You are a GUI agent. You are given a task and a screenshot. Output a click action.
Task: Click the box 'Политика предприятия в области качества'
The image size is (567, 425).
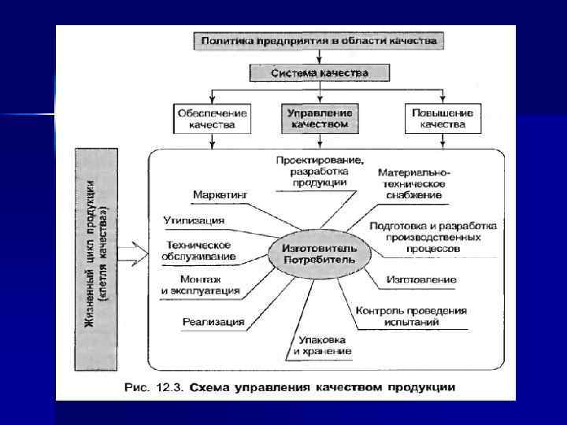coord(319,39)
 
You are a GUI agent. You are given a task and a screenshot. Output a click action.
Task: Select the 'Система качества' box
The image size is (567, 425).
coord(319,73)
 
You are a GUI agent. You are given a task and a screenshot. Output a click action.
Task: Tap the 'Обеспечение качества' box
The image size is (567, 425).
coord(212,118)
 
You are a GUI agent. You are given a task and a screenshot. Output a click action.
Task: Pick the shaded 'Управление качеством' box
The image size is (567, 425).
coord(319,118)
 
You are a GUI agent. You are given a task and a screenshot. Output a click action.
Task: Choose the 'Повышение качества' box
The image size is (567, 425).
coord(442,118)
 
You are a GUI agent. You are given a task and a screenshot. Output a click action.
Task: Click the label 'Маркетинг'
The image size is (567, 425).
coord(220,194)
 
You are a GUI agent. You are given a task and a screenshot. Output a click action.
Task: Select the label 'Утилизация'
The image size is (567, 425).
coord(194,220)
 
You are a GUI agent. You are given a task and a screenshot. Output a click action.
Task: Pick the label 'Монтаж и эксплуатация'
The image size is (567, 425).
coord(200,286)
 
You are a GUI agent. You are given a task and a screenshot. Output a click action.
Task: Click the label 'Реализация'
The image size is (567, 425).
coord(213,321)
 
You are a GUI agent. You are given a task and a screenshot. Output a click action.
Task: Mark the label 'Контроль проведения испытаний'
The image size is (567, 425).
coord(411,316)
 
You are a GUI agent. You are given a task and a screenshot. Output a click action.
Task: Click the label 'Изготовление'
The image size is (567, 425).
coord(421,279)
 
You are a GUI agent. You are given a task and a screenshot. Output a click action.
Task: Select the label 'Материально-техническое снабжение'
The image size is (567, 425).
coord(414,183)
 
